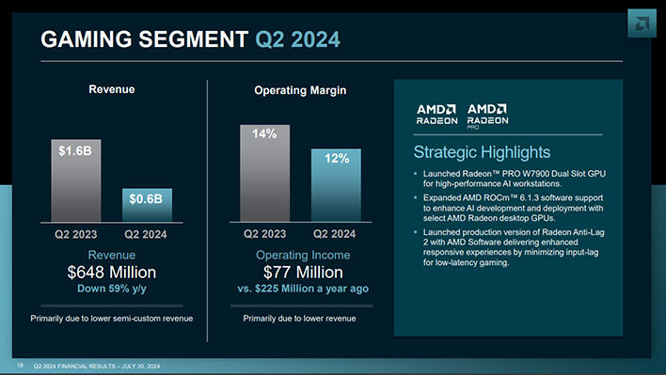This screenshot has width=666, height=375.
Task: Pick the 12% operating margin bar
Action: click(336, 183)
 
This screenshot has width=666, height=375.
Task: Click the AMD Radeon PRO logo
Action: click(488, 115)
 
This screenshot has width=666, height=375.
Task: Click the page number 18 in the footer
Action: click(19, 364)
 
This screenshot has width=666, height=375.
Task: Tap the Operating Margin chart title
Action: click(300, 90)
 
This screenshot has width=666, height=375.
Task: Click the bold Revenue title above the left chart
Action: click(111, 89)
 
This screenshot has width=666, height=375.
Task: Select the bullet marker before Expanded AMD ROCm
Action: click(417, 199)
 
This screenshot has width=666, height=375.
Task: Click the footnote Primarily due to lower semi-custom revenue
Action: click(111, 319)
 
